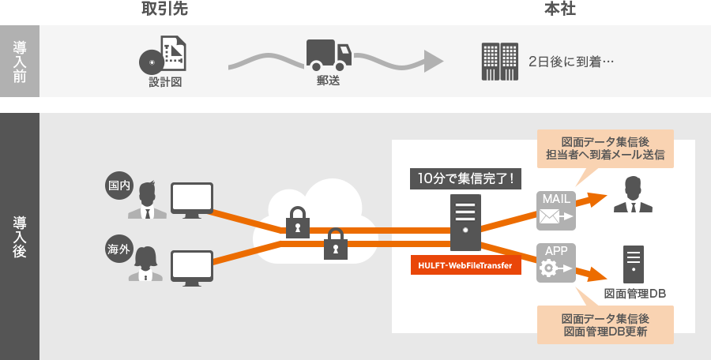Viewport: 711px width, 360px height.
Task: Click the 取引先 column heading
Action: point(164,9)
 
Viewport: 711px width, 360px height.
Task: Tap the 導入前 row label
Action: point(20,61)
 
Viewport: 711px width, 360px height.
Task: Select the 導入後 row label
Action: point(20,236)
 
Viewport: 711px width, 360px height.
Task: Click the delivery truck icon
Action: point(329,54)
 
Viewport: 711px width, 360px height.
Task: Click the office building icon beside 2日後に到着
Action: point(499,61)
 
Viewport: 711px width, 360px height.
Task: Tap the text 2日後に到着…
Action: point(572,62)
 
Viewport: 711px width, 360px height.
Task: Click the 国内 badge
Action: point(118,186)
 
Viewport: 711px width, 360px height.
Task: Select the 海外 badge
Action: point(118,249)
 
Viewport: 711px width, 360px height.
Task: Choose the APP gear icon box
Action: point(556,261)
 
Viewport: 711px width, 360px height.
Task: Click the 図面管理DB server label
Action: point(634,294)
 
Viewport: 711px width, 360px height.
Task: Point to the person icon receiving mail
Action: point(634,195)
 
